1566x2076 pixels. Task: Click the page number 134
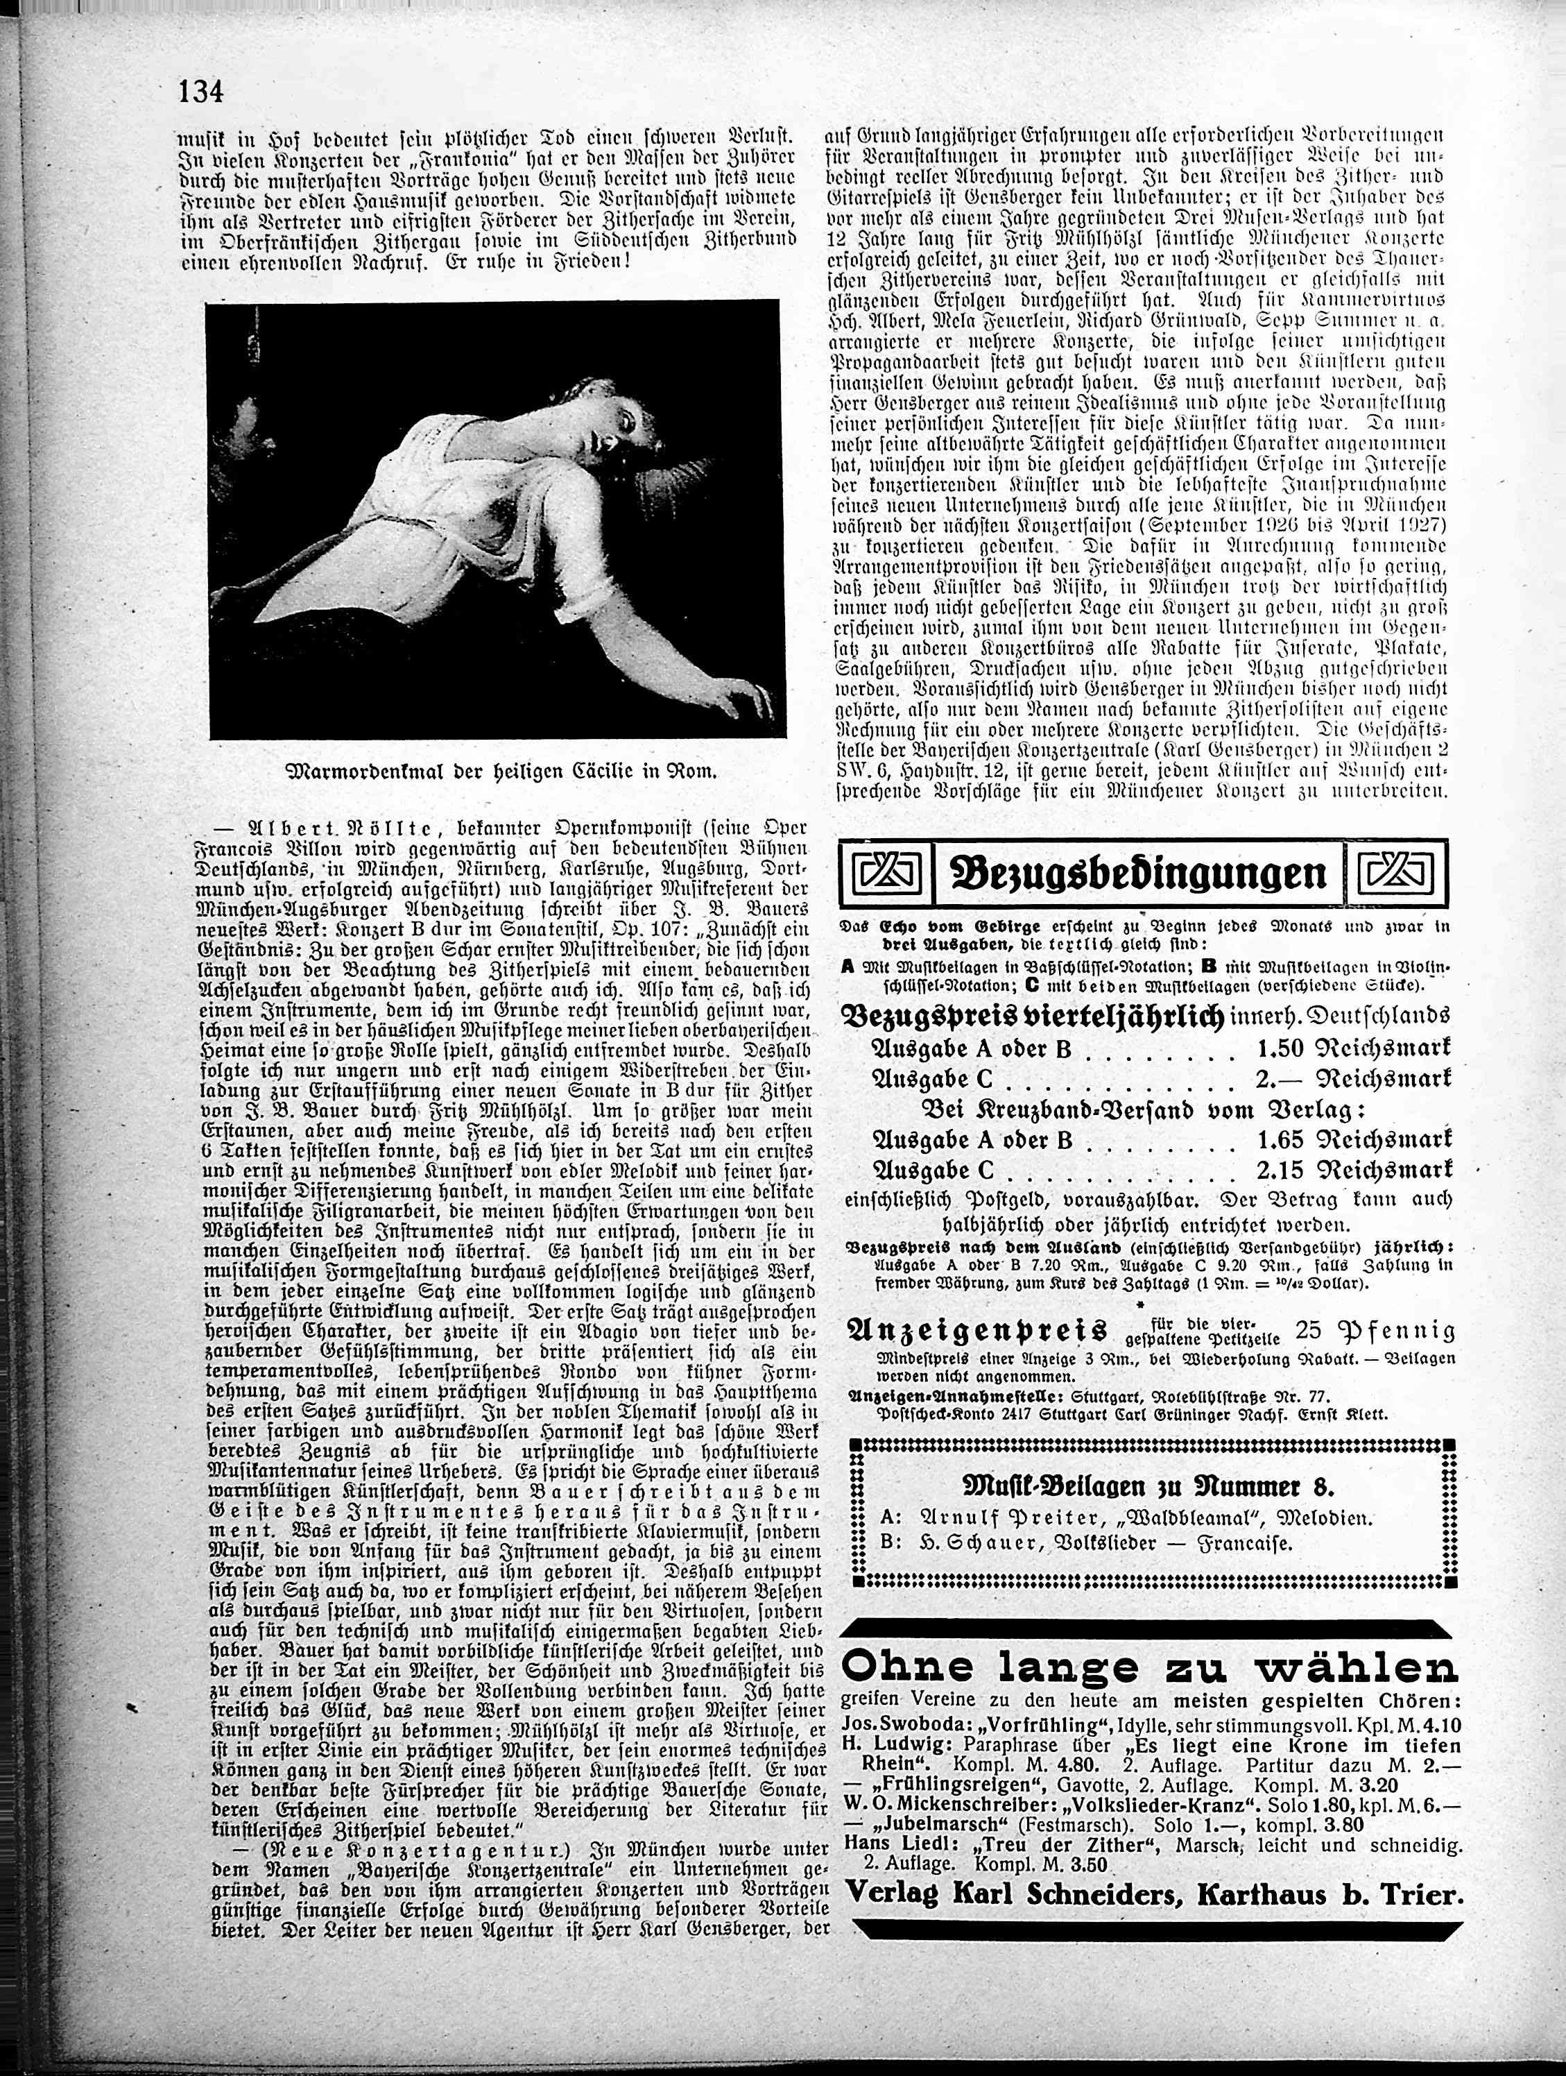point(199,93)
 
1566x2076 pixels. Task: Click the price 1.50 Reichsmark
point(1361,1049)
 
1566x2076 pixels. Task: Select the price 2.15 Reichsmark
point(1361,1171)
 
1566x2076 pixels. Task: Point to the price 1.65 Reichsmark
point(1361,1140)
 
